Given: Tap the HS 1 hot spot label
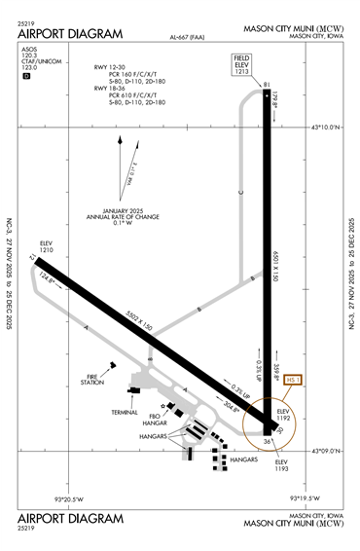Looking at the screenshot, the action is click(293, 380).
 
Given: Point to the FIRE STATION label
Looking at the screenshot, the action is click(93, 379).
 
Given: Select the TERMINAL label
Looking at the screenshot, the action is click(125, 413).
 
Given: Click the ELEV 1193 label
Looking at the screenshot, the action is click(282, 464).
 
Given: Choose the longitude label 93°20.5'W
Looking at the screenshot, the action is click(71, 498).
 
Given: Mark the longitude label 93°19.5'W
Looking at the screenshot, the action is click(305, 498).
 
